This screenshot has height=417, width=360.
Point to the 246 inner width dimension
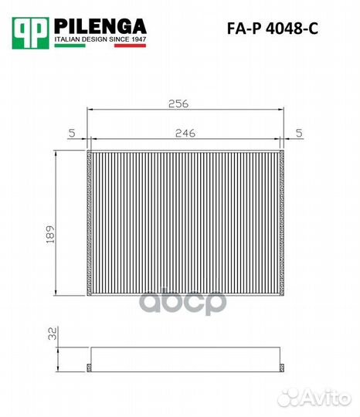point(184,133)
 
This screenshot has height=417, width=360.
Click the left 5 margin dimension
point(71,133)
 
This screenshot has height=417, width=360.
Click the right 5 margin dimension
point(299,133)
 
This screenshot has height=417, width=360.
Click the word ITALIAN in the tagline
point(68,37)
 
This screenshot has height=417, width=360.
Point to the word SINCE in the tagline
point(114,37)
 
